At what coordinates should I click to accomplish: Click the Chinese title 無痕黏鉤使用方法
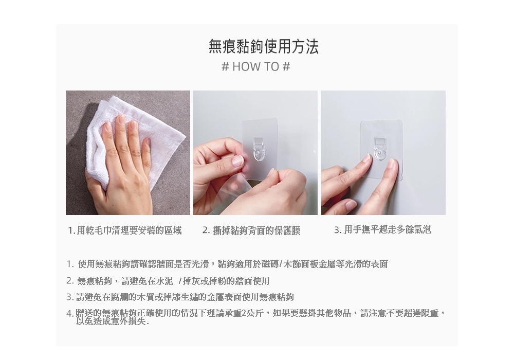pyautogui.click(x=264, y=47)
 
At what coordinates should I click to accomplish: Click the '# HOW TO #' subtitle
pyautogui.click(x=256, y=67)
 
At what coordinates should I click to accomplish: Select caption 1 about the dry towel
pyautogui.click(x=125, y=230)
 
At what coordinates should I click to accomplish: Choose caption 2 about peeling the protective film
pyautogui.click(x=251, y=230)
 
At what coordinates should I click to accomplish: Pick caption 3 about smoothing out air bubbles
pyautogui.click(x=382, y=230)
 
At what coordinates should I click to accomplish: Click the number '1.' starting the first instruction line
pyautogui.click(x=70, y=264)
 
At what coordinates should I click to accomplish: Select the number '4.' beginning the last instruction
pyautogui.click(x=70, y=314)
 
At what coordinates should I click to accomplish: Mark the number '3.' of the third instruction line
pyautogui.click(x=70, y=297)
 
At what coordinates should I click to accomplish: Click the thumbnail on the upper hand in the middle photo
pyautogui.click(x=237, y=160)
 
